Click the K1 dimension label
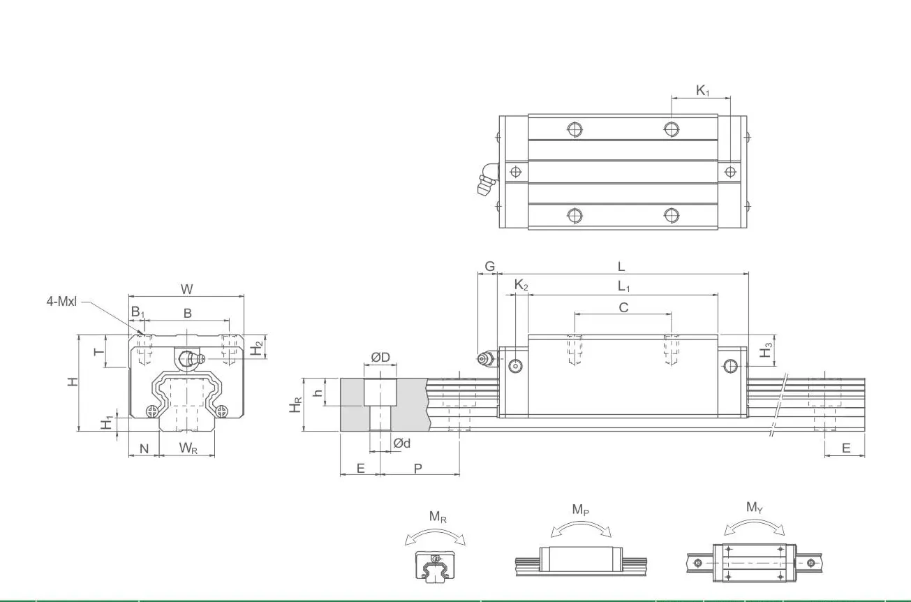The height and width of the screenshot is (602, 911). [702, 90]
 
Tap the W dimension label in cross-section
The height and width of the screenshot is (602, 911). [187, 288]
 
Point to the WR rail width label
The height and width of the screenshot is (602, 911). [188, 448]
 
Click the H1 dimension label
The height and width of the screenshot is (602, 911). [107, 423]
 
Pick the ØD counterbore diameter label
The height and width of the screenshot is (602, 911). [380, 357]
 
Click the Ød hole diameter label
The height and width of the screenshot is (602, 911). [401, 443]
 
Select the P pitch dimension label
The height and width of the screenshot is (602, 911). [417, 468]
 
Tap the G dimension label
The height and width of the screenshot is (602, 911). [489, 267]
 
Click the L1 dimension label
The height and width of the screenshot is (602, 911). [623, 286]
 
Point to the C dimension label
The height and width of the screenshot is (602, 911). [623, 307]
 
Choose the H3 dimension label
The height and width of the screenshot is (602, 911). [766, 349]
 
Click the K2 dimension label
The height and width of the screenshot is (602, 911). [521, 285]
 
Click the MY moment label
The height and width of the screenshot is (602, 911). [754, 508]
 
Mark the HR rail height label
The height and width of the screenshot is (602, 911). [296, 404]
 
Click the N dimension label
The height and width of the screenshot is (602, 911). [145, 448]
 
